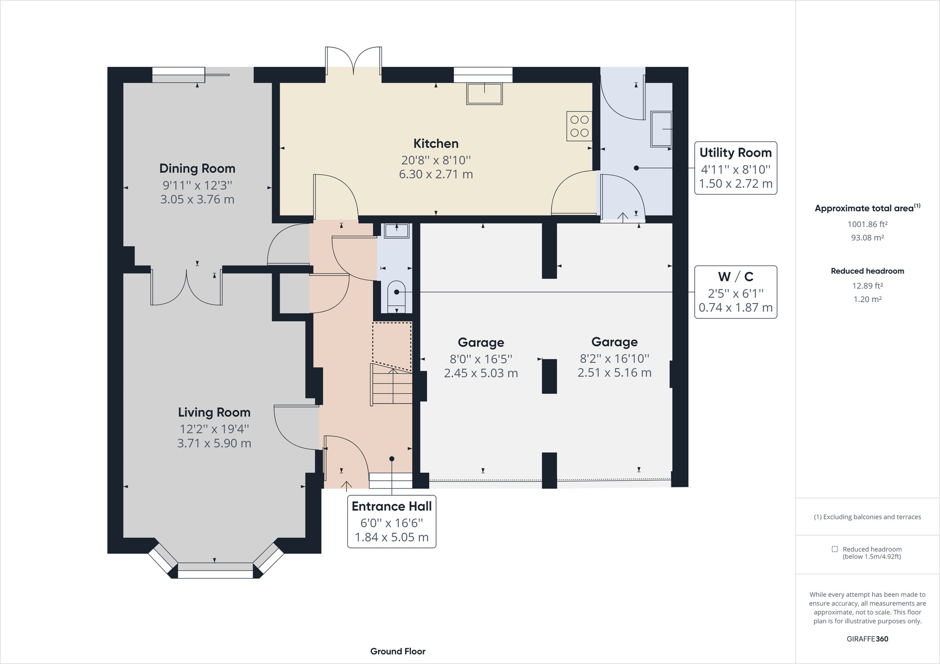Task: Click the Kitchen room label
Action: point(436,143)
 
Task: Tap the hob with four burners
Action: point(579,126)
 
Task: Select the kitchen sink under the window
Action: point(485,94)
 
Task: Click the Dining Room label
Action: point(197,168)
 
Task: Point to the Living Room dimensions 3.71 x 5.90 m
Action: point(214,443)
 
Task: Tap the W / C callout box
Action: point(736,292)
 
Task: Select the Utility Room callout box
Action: point(736,168)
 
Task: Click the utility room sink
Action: point(661,129)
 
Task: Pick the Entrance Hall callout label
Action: point(392,521)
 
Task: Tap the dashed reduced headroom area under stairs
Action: point(392,346)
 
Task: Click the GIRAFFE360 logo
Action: point(867,639)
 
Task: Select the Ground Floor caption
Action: point(398,651)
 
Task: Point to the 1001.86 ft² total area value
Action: point(867,225)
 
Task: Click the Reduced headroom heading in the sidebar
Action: point(867,271)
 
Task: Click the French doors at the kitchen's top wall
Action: point(353,61)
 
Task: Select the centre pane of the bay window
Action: point(215,570)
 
